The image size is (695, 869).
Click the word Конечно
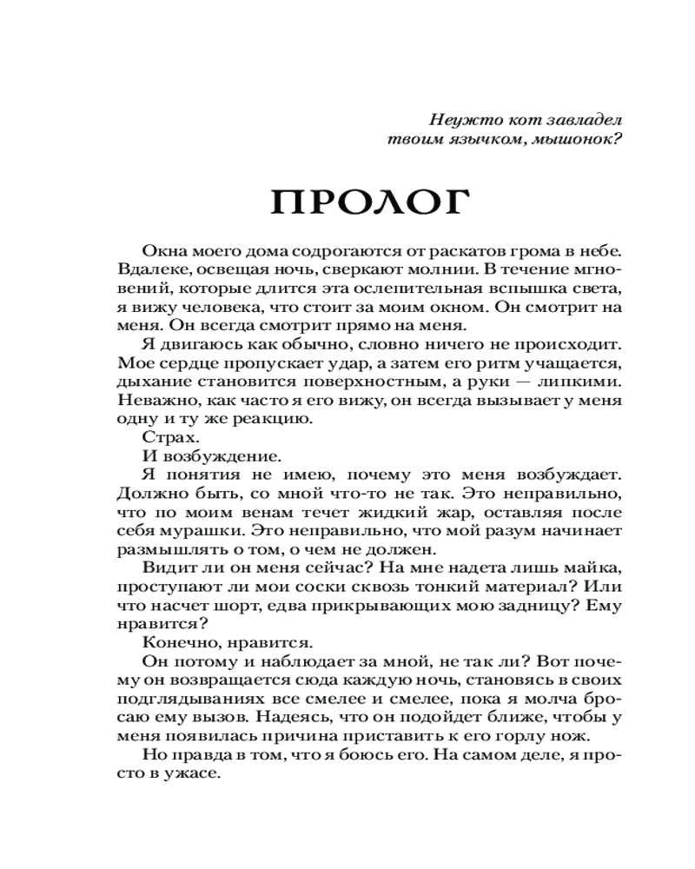tap(175, 642)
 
